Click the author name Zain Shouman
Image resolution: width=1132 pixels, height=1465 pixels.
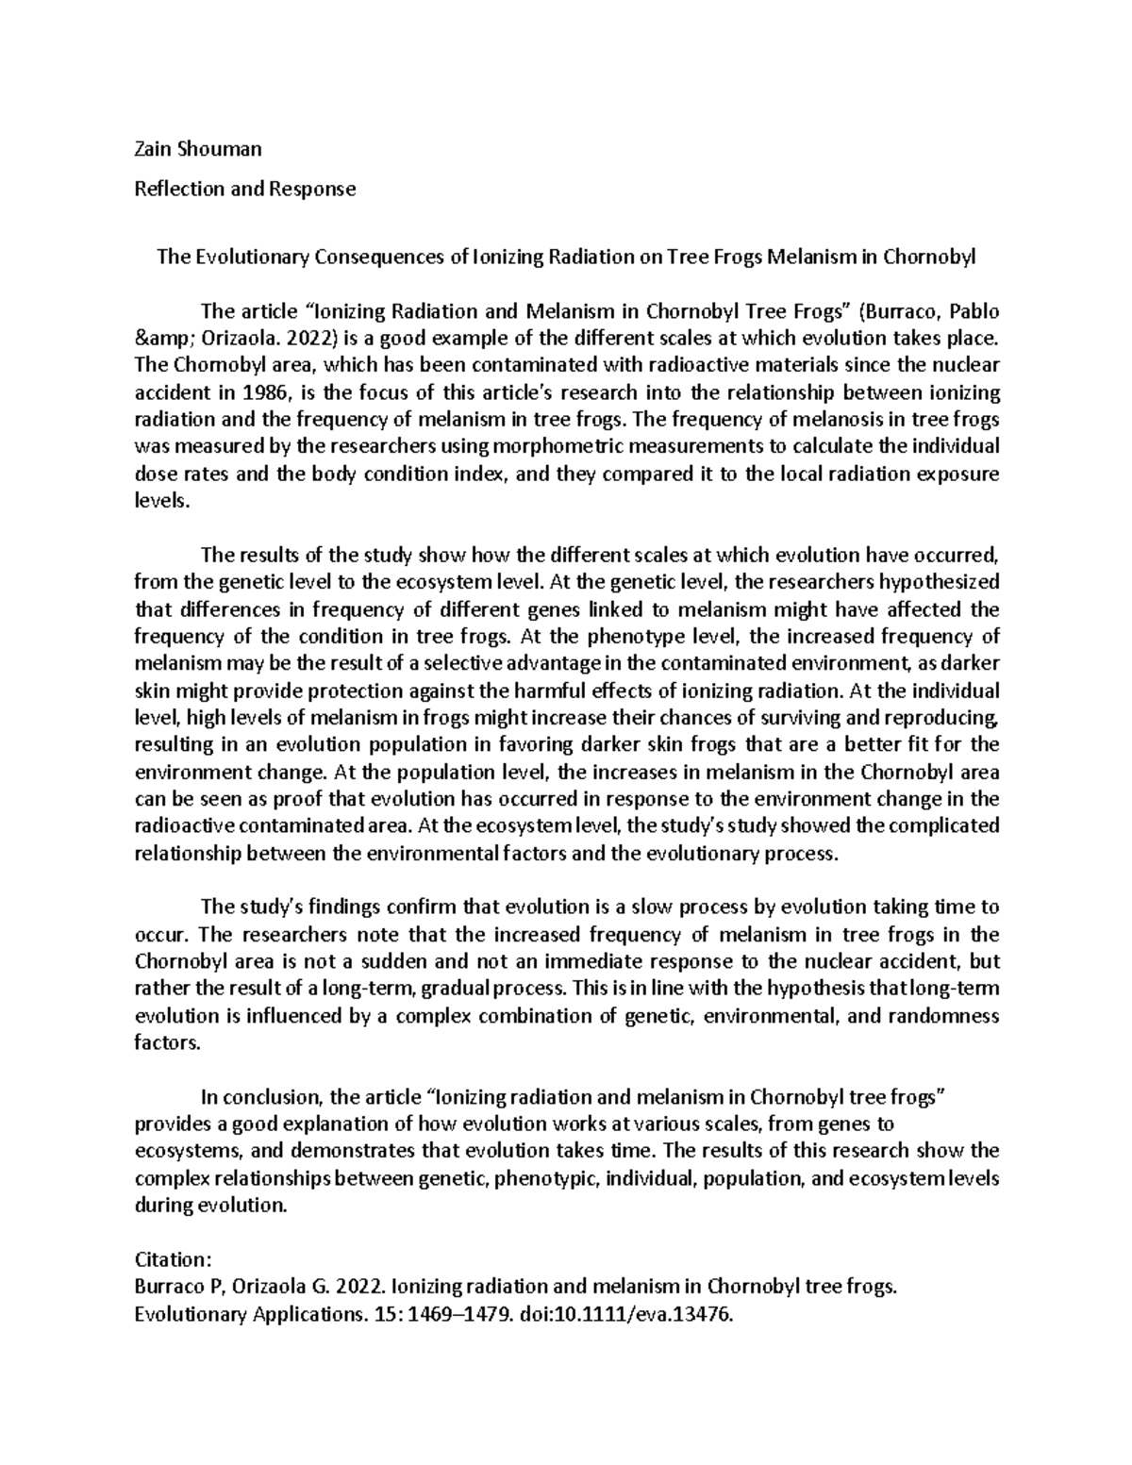[x=197, y=148]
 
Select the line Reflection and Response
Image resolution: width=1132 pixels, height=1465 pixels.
[x=245, y=189]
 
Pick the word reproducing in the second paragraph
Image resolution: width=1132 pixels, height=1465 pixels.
[x=950, y=718]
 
